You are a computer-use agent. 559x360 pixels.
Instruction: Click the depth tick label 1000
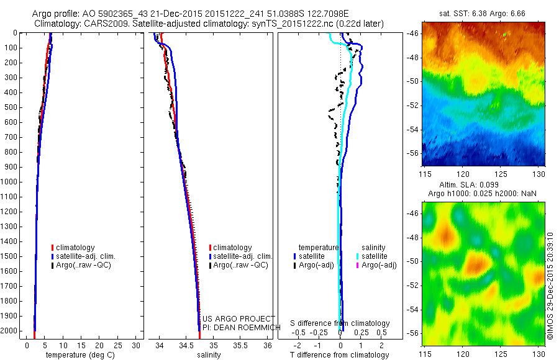10,182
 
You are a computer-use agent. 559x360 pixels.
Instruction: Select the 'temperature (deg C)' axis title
78,355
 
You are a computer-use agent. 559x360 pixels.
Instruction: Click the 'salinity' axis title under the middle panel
209,355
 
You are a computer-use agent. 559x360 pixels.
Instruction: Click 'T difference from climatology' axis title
340,355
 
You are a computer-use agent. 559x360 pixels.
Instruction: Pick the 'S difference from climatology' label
340,323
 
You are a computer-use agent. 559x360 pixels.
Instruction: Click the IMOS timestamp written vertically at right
550,286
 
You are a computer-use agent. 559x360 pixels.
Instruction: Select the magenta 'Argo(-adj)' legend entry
379,265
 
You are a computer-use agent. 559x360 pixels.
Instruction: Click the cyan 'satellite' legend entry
375,256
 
